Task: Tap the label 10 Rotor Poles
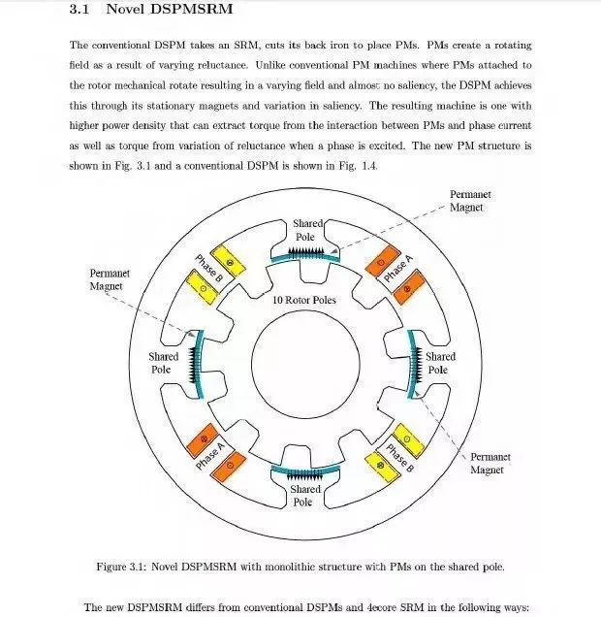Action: pyautogui.click(x=303, y=300)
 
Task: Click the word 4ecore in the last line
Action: pyautogui.click(x=360, y=607)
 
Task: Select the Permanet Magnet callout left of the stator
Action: pyautogui.click(x=110, y=279)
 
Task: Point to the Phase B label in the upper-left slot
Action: pyautogui.click(x=210, y=268)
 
